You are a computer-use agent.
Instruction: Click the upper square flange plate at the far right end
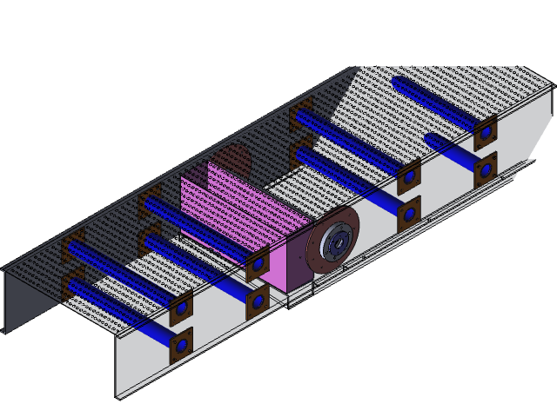(486, 136)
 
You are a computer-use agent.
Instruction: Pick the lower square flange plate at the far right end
(486, 170)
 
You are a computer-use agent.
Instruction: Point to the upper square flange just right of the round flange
(407, 179)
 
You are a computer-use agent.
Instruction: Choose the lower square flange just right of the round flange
(407, 214)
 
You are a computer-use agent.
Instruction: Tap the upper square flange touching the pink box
(258, 264)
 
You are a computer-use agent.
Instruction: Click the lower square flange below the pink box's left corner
(258, 301)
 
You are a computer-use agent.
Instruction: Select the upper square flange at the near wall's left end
(181, 309)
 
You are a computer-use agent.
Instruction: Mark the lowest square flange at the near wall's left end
(181, 346)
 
